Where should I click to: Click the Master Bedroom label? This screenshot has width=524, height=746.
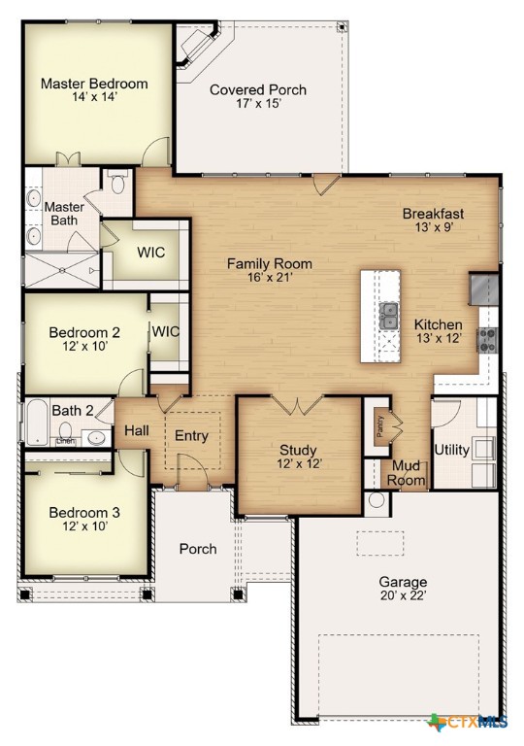[94, 84]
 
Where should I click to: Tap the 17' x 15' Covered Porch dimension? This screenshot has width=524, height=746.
[258, 105]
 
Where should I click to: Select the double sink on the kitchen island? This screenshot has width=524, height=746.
[389, 315]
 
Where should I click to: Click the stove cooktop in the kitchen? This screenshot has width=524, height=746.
[487, 339]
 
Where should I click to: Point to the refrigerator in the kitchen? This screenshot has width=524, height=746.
[484, 288]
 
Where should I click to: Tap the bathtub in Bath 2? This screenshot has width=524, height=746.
[34, 422]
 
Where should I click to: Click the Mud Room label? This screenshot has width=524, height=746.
[408, 473]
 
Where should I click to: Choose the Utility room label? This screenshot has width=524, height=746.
[452, 450]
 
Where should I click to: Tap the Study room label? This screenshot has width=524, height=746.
[298, 449]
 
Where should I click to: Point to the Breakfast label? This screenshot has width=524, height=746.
[434, 214]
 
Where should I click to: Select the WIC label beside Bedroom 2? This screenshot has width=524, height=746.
[166, 331]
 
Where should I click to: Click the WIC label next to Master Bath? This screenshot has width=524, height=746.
[150, 253]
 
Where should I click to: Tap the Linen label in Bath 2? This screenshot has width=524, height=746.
[66, 442]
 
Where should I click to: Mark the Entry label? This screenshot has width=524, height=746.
[191, 435]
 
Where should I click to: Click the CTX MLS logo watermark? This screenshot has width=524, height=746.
[468, 722]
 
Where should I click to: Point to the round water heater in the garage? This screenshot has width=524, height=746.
[377, 500]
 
